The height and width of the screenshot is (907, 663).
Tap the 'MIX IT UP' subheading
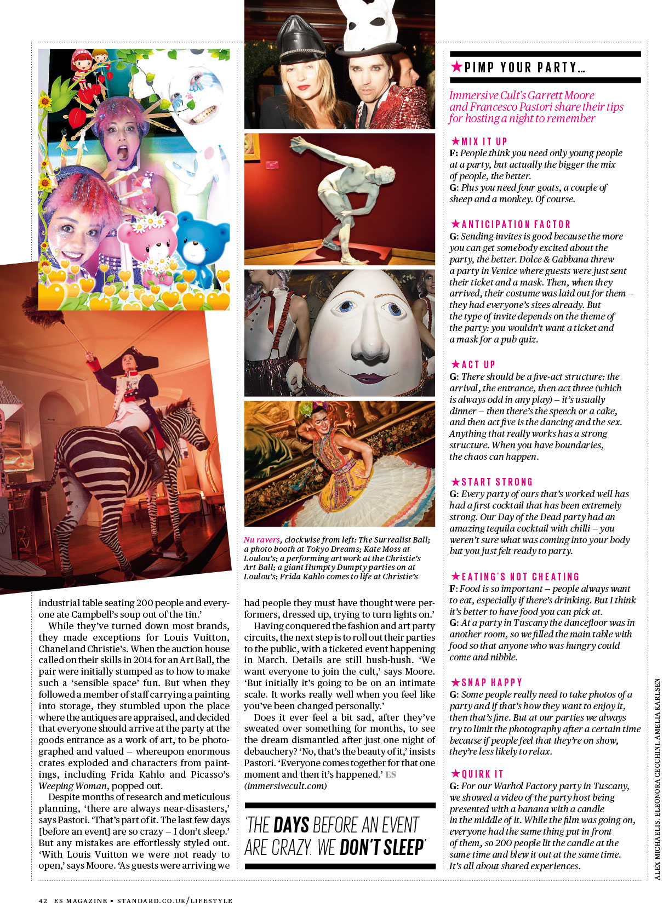(484, 141)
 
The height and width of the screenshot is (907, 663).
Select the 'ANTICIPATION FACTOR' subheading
(516, 224)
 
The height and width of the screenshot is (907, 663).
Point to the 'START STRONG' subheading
(497, 482)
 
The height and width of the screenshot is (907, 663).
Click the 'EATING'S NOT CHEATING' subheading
(520, 577)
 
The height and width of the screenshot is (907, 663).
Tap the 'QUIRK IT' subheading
(482, 774)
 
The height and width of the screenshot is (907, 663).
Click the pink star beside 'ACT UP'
(455, 364)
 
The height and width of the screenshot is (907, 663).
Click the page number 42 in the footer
(43, 900)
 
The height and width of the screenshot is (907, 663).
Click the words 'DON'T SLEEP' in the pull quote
(382, 847)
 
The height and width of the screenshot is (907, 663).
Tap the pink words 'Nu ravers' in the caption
(262, 540)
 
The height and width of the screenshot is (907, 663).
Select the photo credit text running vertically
(658, 778)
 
